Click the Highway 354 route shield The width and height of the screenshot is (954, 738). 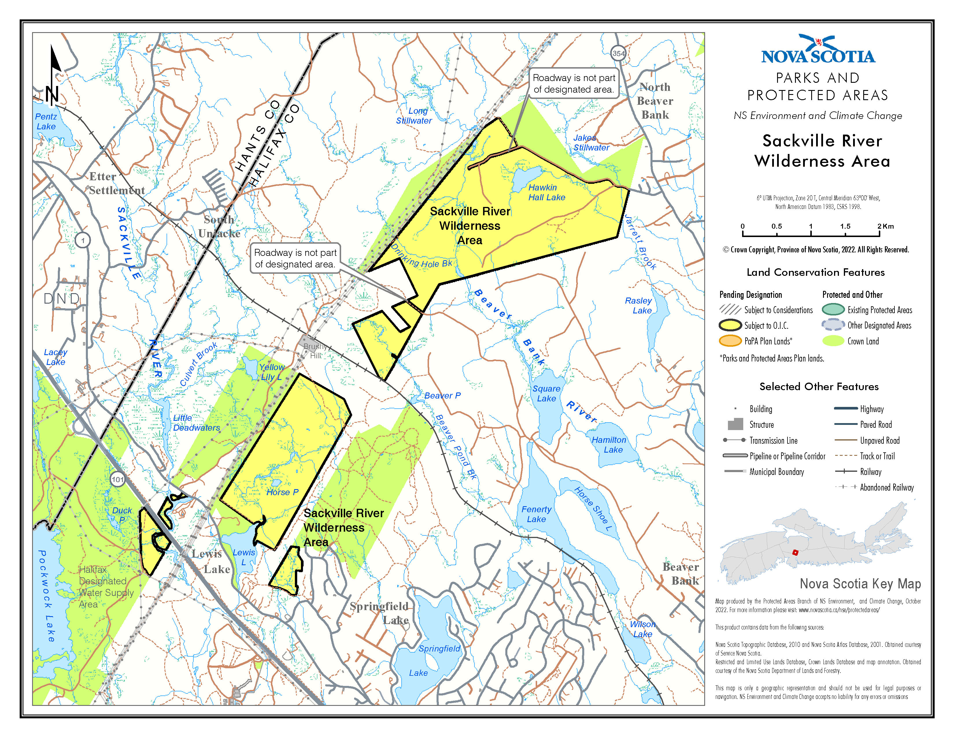pos(618,53)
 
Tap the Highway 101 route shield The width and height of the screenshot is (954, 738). pos(117,479)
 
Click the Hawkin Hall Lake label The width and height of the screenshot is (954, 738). pos(546,192)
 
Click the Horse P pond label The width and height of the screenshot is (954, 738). pos(282,492)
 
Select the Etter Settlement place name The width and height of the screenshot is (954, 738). pos(117,183)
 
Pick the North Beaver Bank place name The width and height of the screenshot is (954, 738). pos(655,101)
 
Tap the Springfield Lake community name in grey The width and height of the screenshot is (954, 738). pos(379,612)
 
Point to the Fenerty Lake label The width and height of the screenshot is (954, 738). pos(536,514)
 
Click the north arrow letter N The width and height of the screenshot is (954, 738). pos(52,94)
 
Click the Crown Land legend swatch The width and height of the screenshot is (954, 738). pos(833,341)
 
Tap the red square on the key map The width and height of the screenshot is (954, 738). pos(795,552)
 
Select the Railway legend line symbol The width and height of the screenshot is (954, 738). pos(845,471)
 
